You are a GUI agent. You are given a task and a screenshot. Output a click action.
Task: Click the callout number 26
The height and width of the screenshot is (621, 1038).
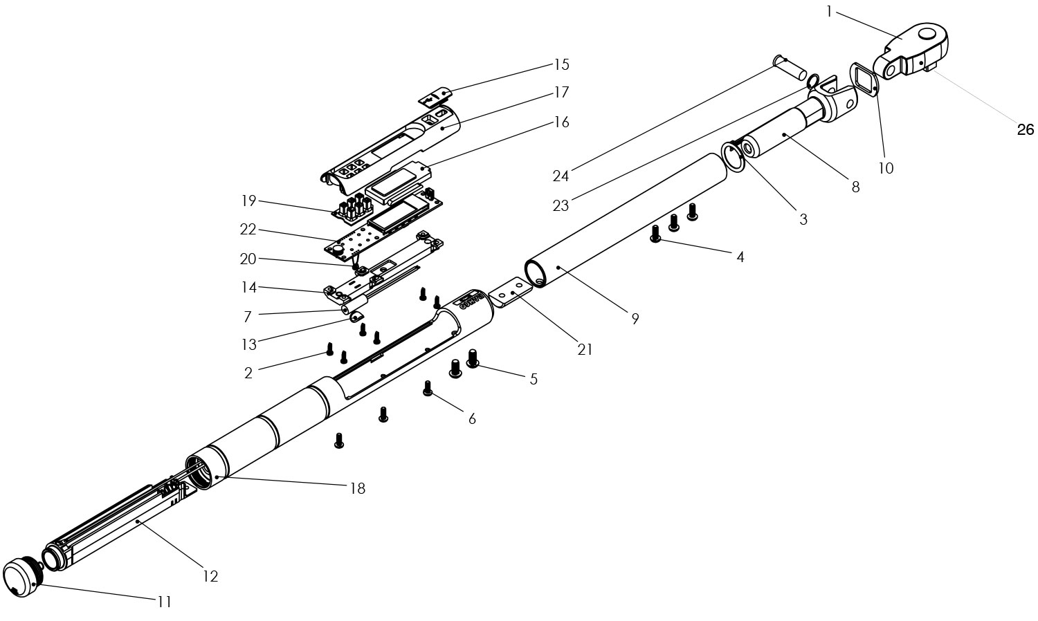click(1025, 130)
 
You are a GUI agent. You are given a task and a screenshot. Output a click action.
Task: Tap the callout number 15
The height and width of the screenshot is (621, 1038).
click(561, 65)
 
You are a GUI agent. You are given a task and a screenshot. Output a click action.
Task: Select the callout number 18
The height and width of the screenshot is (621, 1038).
click(358, 488)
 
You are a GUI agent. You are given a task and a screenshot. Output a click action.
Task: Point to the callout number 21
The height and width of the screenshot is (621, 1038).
click(585, 350)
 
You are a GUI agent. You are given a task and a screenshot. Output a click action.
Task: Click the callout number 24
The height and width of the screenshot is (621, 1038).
click(561, 176)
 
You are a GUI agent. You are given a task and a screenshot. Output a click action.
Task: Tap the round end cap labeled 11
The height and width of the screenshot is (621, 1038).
click(23, 577)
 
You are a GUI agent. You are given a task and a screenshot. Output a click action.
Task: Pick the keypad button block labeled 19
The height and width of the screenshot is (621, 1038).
click(354, 210)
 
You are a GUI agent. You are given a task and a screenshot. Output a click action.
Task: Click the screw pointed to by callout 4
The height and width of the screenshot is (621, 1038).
click(655, 234)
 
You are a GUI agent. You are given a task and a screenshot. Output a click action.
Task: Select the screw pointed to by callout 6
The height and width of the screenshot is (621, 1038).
click(428, 389)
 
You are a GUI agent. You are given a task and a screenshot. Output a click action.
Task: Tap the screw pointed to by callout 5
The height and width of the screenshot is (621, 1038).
click(473, 358)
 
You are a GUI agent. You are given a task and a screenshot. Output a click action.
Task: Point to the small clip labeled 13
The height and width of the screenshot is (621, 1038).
click(356, 317)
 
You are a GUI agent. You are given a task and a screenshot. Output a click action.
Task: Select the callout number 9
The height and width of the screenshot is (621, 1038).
click(635, 319)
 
